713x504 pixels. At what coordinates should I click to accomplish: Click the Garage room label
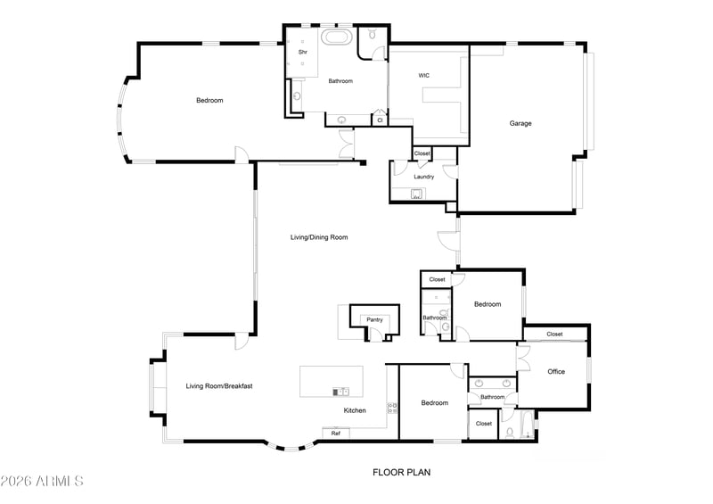(x=520, y=123)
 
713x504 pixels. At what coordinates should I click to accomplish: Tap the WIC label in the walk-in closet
(x=424, y=76)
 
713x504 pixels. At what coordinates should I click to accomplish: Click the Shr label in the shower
(x=303, y=53)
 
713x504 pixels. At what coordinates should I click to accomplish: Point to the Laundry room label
(x=424, y=177)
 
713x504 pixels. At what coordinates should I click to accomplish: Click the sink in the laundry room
(x=416, y=194)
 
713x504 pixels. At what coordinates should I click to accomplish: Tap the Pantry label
(x=374, y=320)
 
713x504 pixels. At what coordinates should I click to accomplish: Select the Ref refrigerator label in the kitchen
(x=336, y=434)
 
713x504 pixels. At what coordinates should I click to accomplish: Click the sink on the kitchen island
(x=340, y=392)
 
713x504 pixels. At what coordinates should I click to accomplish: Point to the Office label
(x=556, y=372)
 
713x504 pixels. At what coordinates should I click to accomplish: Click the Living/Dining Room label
(x=319, y=237)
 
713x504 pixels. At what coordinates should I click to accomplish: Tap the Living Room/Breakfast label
(x=219, y=386)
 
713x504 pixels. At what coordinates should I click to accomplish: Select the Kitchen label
(x=355, y=410)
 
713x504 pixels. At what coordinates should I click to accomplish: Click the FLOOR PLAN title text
(x=402, y=473)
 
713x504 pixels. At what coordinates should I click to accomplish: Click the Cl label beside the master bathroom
(x=380, y=120)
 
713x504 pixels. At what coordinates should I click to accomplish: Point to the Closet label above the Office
(x=554, y=335)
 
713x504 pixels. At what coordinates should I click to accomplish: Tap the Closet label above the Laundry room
(x=422, y=153)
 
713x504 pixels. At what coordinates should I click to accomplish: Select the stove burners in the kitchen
(x=392, y=408)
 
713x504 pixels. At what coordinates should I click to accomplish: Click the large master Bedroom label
(x=209, y=101)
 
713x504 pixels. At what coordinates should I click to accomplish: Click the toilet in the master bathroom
(x=372, y=34)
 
